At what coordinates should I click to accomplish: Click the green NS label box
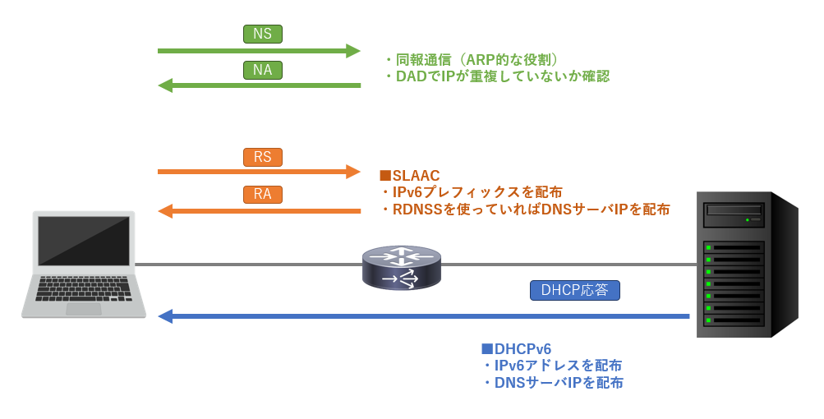coord(263,34)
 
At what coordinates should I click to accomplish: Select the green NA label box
coord(263,70)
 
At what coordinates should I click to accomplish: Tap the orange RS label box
coord(263,157)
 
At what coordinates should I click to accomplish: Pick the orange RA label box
coord(263,194)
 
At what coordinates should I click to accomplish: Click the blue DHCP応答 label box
coord(575,290)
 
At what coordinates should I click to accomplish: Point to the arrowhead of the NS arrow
coord(353,51)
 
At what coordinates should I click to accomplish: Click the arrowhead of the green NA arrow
coord(165,85)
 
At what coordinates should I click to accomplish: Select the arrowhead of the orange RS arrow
coord(353,172)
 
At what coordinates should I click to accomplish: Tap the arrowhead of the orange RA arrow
coord(165,211)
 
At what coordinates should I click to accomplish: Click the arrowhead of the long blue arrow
coord(165,316)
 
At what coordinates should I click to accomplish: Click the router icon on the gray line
coord(402,268)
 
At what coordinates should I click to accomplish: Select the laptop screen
coord(84,241)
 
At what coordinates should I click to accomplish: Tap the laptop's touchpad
coord(84,309)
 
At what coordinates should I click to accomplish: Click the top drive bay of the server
coord(734,209)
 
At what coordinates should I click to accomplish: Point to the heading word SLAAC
coord(416,176)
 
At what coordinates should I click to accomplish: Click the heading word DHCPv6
coord(522,349)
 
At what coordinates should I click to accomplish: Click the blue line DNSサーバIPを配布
coord(559,383)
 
